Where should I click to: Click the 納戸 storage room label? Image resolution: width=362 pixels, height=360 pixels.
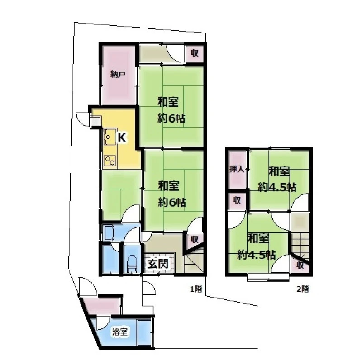pos(118,74)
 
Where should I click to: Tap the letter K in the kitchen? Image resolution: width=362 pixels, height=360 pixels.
pos(122,138)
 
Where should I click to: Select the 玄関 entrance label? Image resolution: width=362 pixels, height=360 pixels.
pos(158,264)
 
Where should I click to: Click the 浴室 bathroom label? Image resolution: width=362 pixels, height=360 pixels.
pos(120,332)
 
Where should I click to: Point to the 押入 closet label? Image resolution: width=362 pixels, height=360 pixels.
pos(237,170)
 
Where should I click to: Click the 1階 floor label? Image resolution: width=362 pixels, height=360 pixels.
pos(196,289)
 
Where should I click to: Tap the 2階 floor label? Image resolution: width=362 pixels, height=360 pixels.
pos(303,289)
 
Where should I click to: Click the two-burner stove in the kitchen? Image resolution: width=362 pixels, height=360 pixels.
pos(110,161)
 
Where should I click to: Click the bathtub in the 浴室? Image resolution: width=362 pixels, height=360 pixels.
pos(144,332)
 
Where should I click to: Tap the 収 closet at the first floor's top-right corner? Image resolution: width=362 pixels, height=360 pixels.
pos(195,53)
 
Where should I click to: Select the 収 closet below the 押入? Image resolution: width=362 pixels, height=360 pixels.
pos(237,200)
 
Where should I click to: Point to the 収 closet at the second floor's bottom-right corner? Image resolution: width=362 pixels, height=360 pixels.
pos(300,265)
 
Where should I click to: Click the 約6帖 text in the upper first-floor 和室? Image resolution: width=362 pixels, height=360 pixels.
pos(171,119)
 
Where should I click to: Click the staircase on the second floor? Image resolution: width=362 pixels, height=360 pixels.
pos(299,245)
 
